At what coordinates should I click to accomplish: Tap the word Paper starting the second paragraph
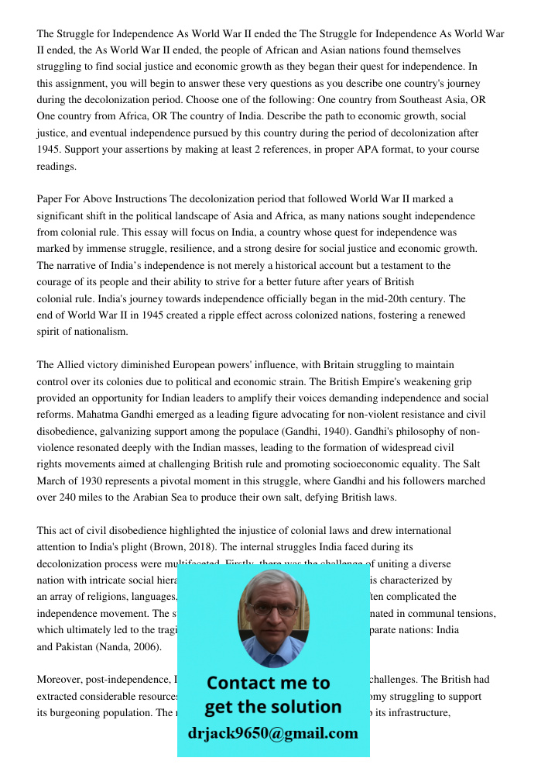click(51, 199)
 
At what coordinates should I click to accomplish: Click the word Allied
click(74, 364)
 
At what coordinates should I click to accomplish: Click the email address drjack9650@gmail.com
click(273, 732)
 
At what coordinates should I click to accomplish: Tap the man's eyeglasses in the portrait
click(272, 608)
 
